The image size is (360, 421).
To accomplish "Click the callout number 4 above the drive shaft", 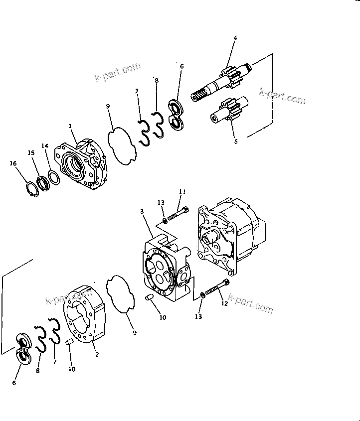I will pos(235,37).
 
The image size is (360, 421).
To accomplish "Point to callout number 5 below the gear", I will pos(236,141).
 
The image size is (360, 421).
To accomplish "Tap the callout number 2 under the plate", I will pos(96,355).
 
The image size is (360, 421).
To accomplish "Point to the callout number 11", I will pos(182,192).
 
